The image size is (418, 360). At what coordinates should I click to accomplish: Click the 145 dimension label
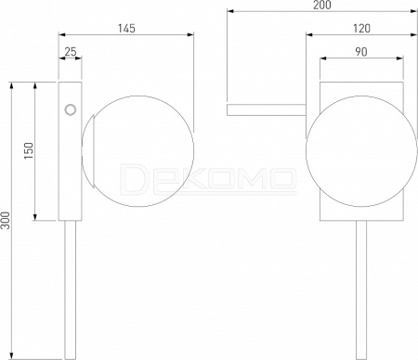pos(126,29)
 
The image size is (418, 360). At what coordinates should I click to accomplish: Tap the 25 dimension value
pos(71,52)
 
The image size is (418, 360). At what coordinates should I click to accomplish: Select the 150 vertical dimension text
pos(28,151)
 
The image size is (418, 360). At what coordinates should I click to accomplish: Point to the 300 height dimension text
pos(6,221)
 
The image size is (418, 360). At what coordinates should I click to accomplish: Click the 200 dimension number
pos(322,5)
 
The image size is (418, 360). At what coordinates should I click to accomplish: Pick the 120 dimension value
pos(361,29)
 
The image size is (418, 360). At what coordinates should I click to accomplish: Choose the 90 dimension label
pos(361,52)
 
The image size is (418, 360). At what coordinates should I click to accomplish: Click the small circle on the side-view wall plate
pos(71,109)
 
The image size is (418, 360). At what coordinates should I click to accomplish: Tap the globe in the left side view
pos(137,151)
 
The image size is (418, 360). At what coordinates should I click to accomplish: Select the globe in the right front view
pos(361,151)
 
